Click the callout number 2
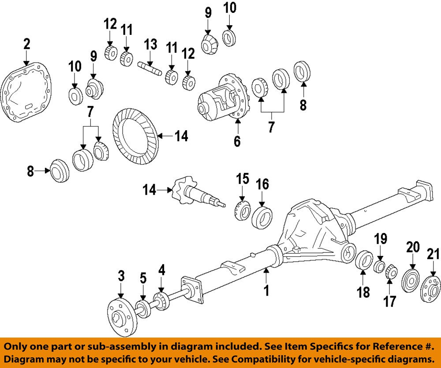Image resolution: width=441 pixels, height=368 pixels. [26, 44]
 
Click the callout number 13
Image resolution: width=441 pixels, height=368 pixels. [150, 44]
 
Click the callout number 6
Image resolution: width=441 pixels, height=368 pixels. [237, 142]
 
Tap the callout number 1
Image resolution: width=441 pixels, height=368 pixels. [266, 291]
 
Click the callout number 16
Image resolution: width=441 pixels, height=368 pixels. [263, 184]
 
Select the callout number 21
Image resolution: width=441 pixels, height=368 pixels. [434, 255]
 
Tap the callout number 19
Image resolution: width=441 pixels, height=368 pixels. [381, 239]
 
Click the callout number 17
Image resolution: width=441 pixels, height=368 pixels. [390, 301]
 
